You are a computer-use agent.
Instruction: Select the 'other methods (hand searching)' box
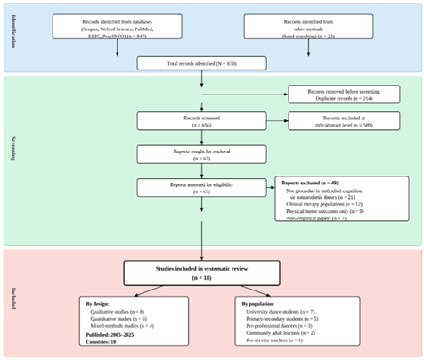(x=298, y=29)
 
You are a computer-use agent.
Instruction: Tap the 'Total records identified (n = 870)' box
(x=203, y=63)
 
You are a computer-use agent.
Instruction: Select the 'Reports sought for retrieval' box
(x=203, y=155)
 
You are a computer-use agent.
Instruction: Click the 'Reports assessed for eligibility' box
(x=203, y=187)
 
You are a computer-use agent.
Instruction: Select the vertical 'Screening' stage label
(x=13, y=160)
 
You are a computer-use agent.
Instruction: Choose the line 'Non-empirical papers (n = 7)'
(x=316, y=218)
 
